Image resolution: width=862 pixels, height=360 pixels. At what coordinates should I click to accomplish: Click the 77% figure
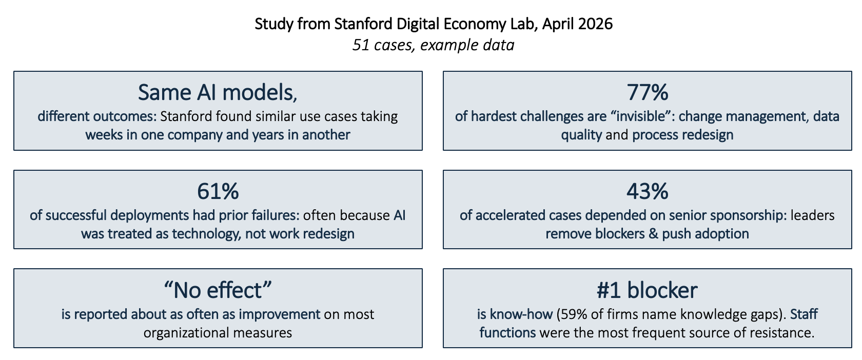648,92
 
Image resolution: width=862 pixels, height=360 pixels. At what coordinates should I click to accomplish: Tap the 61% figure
218,191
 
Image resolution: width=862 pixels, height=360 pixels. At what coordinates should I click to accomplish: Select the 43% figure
648,191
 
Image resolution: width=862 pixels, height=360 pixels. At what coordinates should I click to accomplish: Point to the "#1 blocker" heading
647,290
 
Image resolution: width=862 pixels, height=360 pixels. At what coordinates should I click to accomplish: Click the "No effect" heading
218,290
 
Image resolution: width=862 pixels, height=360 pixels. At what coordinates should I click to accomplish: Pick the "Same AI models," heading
218,93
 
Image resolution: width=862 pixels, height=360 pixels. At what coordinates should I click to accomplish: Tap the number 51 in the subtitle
361,45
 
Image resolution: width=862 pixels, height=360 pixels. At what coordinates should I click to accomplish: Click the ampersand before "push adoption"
654,234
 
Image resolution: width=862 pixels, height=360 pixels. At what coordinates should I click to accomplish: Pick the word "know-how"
521,314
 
